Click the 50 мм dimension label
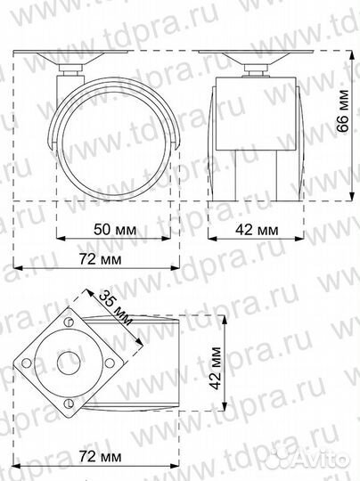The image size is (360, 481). [114, 229]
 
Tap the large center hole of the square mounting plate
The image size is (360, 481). [68, 362]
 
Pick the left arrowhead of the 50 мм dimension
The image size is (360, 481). [60, 239]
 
